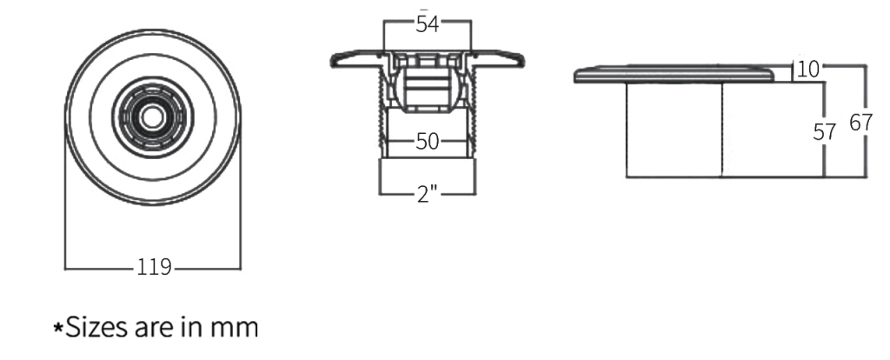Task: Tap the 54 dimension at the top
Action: click(427, 24)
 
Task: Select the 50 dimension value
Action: click(426, 143)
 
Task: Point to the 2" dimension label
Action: click(426, 194)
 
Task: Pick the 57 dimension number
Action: click(824, 132)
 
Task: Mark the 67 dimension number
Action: click(861, 124)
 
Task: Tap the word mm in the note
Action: click(236, 329)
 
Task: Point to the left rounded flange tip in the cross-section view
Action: click(335, 58)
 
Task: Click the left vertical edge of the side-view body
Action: click(626, 130)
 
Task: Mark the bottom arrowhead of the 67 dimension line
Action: click(867, 173)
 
